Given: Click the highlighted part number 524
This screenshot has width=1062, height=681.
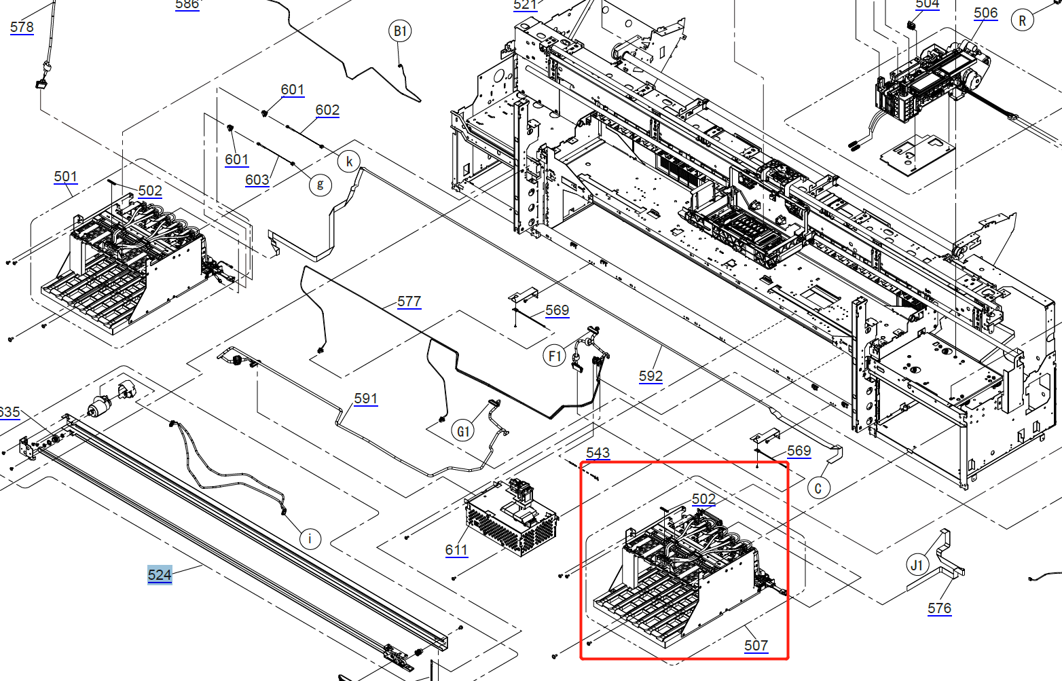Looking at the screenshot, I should [160, 575].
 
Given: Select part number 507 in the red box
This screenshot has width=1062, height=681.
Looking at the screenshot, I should [756, 645].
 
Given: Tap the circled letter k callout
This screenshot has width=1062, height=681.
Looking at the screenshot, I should [349, 162].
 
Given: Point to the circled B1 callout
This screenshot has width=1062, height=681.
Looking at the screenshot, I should [400, 31].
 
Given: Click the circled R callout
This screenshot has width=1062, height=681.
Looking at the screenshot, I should [1022, 20].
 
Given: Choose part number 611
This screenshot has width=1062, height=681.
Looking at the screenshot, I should [456, 550].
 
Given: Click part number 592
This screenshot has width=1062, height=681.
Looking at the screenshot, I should [651, 375].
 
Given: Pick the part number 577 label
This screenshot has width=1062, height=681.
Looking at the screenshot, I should [409, 301].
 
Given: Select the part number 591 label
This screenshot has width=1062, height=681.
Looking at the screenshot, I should [365, 399].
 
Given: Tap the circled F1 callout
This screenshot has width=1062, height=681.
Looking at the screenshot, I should [555, 356].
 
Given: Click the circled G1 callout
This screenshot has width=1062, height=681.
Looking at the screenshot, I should [463, 431].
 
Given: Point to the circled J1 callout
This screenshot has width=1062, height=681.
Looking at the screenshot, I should [917, 565].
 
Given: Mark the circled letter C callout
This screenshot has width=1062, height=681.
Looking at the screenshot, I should [818, 487].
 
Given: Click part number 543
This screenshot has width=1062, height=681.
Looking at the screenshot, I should [598, 453].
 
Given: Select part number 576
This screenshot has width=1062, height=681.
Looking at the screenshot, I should [939, 608].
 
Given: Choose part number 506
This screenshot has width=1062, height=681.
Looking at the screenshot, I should [985, 13].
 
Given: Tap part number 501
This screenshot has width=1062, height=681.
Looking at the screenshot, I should [66, 177].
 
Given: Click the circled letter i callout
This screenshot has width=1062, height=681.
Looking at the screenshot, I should [310, 539].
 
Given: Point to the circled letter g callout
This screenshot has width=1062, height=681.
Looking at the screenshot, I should [320, 184].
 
